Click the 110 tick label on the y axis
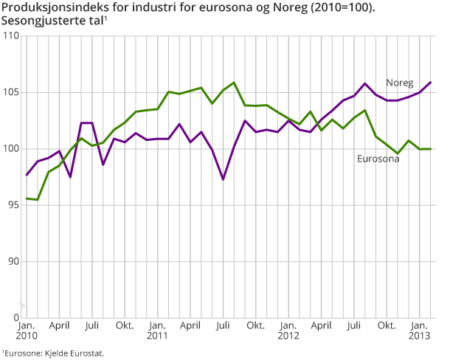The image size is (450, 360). (x=10, y=36)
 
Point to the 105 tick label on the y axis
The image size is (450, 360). (x=10, y=92)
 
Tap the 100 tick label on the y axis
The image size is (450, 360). (x=10, y=149)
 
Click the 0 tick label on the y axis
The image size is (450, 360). (x=15, y=318)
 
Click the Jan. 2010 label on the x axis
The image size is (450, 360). (x=27, y=330)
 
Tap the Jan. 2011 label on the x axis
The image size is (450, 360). (x=157, y=330)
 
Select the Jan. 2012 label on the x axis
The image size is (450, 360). (x=288, y=330)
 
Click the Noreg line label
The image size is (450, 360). (x=401, y=83)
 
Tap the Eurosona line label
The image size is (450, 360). (x=378, y=158)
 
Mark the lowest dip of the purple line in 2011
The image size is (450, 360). (x=223, y=179)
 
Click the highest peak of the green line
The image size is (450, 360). (x=233, y=83)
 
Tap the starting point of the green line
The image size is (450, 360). (x=27, y=198)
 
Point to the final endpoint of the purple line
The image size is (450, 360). (x=431, y=82)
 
